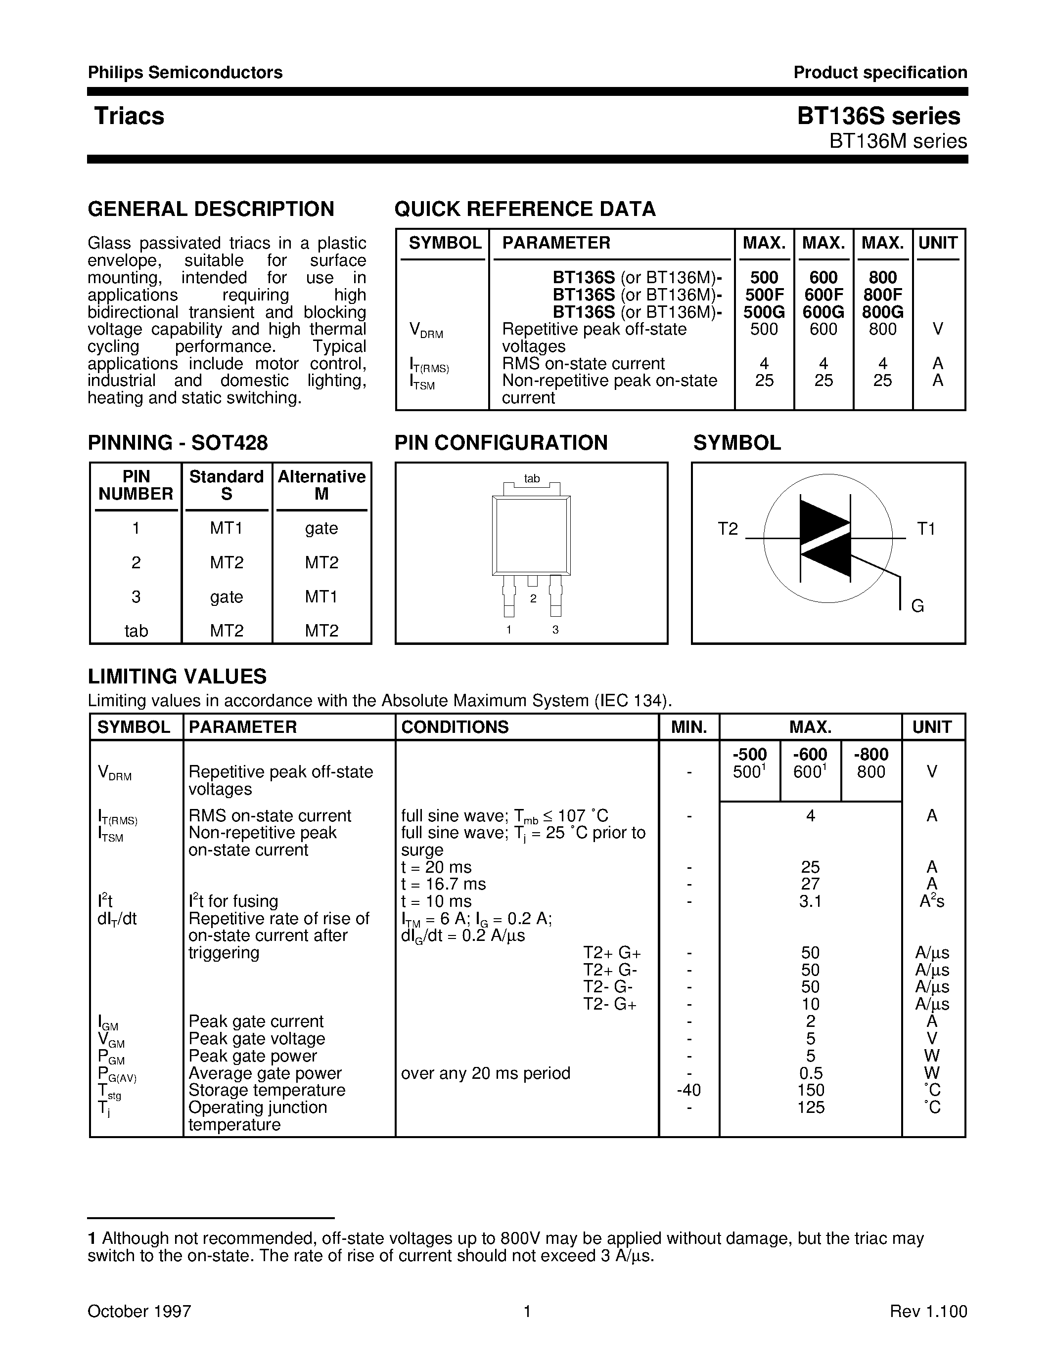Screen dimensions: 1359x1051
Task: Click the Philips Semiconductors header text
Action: [185, 73]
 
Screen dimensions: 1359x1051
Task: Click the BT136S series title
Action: [878, 116]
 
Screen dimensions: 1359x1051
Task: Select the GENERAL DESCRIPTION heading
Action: [211, 209]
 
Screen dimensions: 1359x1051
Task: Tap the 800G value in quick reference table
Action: [882, 312]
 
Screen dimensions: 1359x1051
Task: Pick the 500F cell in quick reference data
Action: [764, 295]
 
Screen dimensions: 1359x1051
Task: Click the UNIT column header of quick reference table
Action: [938, 243]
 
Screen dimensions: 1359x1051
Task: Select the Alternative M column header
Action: [321, 485]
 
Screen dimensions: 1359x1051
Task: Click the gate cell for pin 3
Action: [226, 597]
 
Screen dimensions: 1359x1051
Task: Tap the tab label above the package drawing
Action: [532, 478]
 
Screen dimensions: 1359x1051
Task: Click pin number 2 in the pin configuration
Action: [533, 598]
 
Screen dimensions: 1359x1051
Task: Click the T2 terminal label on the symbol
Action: [727, 529]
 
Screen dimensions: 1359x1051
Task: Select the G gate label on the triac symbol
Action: [917, 605]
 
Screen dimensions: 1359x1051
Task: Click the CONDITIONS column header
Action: [455, 727]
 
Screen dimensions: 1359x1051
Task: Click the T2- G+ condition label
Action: [609, 1004]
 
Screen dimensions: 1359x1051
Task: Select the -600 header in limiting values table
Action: [810, 755]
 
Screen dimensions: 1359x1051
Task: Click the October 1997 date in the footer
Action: [139, 1312]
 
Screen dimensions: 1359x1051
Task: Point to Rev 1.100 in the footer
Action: [928, 1312]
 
